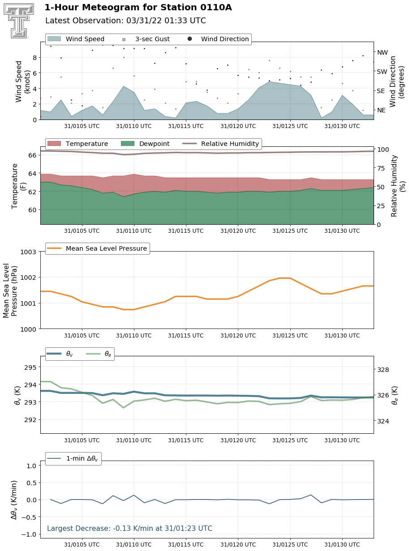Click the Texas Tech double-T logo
pyautogui.click(x=19, y=21)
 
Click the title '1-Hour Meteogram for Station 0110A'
pyautogui.click(x=138, y=8)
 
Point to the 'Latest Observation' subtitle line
pyautogui.click(x=125, y=21)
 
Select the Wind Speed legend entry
pyautogui.click(x=76, y=39)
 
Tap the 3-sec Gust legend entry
pyautogui.click(x=146, y=39)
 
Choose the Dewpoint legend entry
pyautogui.click(x=145, y=144)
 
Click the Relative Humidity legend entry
pyautogui.click(x=221, y=144)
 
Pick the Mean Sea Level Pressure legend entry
pyautogui.click(x=97, y=248)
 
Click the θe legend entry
pyautogui.click(x=99, y=354)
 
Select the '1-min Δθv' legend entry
pyautogui.click(x=73, y=458)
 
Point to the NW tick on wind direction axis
pyautogui.click(x=383, y=52)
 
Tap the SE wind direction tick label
pyautogui.click(x=381, y=91)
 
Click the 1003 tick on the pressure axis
pyautogui.click(x=28, y=252)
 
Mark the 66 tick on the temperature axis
pyautogui.click(x=32, y=155)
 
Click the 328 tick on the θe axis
pyautogui.click(x=383, y=370)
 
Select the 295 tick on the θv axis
pyautogui.click(x=30, y=367)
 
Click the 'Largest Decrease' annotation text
pyautogui.click(x=129, y=528)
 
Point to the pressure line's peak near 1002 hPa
pyautogui.click(x=285, y=278)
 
